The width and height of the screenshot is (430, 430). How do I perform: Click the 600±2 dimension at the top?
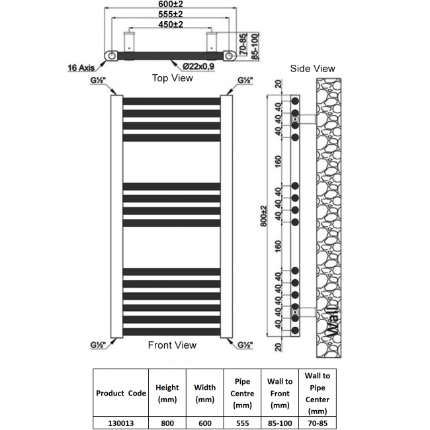click(171, 5)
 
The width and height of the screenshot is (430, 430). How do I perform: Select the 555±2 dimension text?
click(171, 15)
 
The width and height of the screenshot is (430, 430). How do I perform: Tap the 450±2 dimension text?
click(171, 24)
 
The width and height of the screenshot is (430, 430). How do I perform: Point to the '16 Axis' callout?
click(82, 67)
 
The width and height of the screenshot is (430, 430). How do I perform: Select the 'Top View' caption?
click(173, 78)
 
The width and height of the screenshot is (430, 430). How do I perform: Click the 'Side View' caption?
click(313, 68)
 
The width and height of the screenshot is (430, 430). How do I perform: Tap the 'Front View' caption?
click(172, 345)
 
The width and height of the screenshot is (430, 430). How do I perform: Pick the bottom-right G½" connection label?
click(245, 345)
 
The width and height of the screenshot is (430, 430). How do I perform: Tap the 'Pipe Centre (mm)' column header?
click(243, 393)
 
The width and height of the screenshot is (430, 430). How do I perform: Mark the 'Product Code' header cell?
click(121, 393)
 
